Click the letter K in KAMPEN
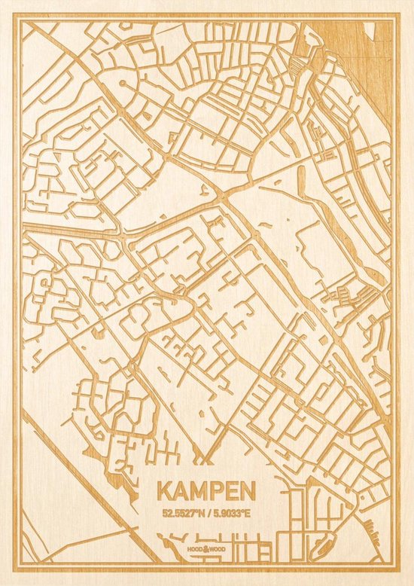click(164, 490)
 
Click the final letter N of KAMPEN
click(247, 490)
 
